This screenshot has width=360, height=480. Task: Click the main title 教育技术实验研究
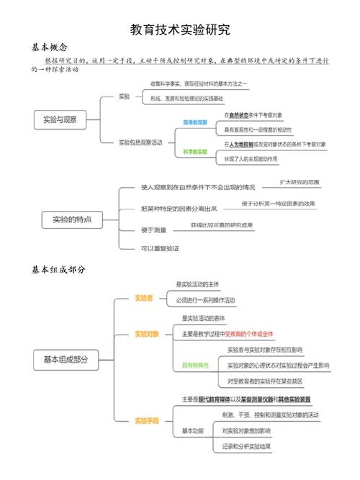click(179, 30)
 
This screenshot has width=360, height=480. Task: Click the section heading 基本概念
click(49, 46)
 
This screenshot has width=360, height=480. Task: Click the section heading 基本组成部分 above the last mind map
click(58, 269)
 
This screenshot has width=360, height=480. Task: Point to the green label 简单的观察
click(194, 122)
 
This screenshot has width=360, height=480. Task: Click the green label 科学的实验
click(194, 152)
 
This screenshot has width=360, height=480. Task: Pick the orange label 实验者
click(144, 298)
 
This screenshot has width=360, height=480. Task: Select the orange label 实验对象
click(147, 334)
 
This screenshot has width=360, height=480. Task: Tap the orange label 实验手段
click(147, 420)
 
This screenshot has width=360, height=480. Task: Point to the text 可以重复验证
click(160, 248)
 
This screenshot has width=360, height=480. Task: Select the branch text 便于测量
click(154, 230)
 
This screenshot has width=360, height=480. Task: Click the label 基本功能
click(193, 430)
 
